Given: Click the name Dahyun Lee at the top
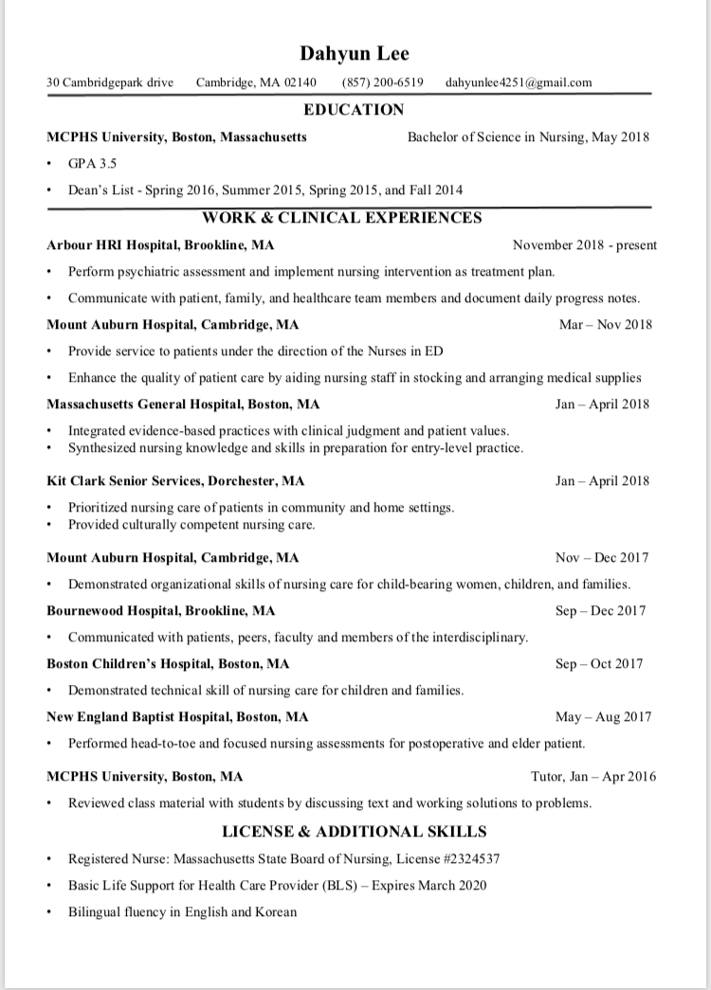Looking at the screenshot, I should click(355, 53).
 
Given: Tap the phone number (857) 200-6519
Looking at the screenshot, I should click(383, 82).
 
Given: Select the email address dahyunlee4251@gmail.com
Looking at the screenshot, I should click(519, 82).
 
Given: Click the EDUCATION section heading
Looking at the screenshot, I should click(354, 110).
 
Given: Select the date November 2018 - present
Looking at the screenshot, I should click(584, 245).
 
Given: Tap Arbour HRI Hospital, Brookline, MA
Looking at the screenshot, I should click(161, 245).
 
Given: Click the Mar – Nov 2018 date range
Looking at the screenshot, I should click(605, 325).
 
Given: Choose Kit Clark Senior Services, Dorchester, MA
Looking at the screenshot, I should click(175, 481).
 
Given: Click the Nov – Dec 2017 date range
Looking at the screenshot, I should click(602, 558).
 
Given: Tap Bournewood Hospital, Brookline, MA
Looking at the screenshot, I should click(161, 611).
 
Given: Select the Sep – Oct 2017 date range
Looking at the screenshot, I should click(599, 664).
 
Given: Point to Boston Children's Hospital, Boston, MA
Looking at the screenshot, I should click(168, 664).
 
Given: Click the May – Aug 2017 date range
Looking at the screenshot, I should click(601, 717).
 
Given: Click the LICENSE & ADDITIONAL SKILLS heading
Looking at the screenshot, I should click(355, 832).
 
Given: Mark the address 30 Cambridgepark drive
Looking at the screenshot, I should click(110, 82).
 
